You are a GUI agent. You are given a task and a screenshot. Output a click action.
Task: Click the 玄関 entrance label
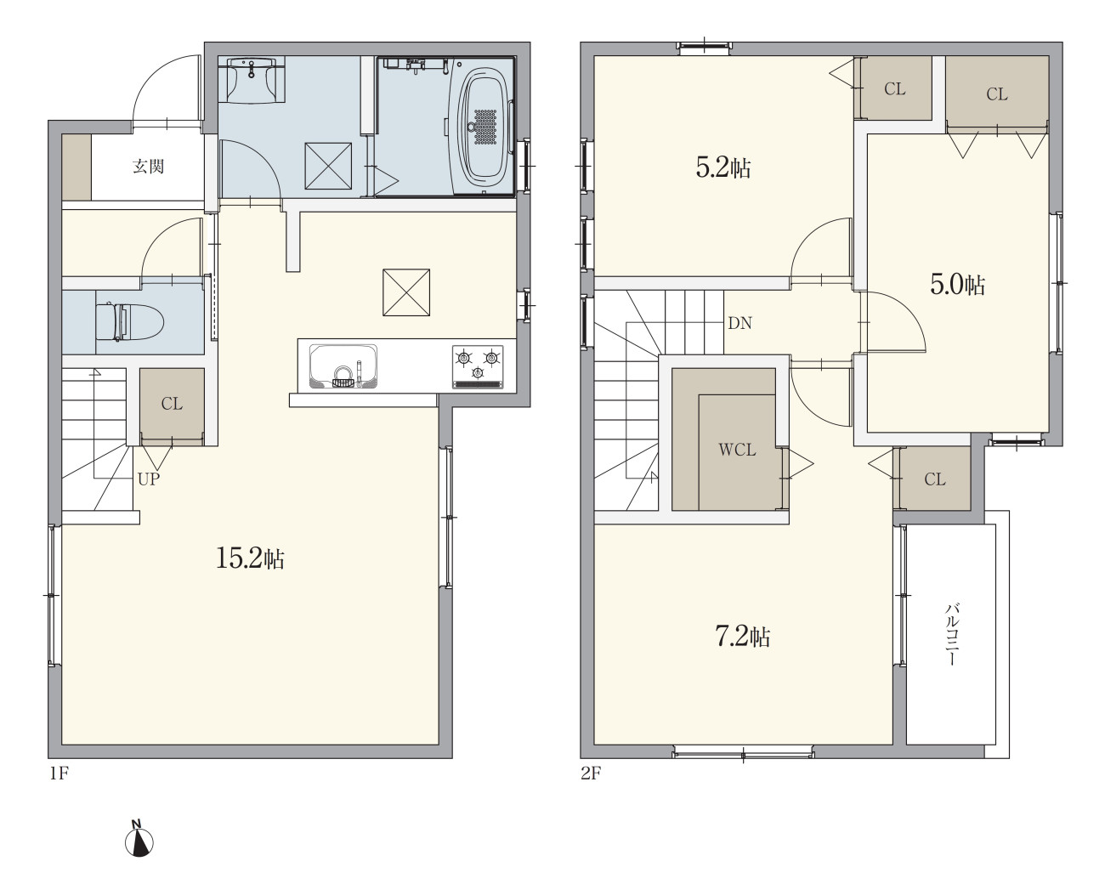(x=149, y=167)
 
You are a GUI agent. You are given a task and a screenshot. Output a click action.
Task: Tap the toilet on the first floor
(x=129, y=322)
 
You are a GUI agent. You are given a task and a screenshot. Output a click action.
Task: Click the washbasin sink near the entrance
(x=251, y=80)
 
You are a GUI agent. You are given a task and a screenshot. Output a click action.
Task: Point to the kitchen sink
(x=343, y=366)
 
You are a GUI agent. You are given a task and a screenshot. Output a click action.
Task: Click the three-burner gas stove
(x=478, y=366)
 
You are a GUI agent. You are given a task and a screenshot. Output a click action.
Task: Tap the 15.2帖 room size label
(x=250, y=558)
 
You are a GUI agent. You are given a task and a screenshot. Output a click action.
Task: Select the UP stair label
(x=149, y=479)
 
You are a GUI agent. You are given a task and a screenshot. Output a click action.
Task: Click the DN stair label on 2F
(x=739, y=323)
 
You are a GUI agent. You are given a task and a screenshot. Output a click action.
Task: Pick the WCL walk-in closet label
(x=737, y=450)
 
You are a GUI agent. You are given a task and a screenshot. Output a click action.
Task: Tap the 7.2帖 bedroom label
(x=743, y=637)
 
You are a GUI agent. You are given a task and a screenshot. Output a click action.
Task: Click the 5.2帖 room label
(x=723, y=167)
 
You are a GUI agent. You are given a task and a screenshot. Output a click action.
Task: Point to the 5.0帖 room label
(x=958, y=285)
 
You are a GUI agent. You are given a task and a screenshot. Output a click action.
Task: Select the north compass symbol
(x=139, y=841)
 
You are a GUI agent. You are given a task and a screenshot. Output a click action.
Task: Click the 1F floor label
(x=59, y=773)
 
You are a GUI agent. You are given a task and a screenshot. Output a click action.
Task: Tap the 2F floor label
(x=591, y=773)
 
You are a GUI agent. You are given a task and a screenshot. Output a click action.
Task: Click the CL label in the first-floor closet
(x=172, y=404)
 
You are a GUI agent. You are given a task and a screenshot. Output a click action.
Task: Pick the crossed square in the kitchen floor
(x=406, y=292)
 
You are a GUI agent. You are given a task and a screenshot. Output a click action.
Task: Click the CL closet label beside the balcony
(x=934, y=479)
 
